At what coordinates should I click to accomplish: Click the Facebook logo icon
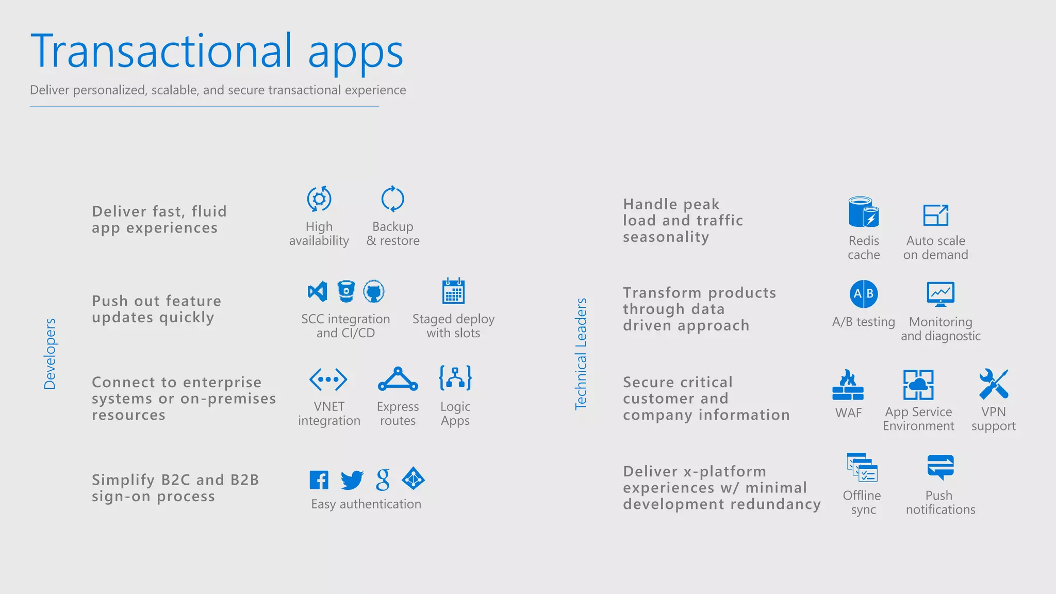click(x=319, y=480)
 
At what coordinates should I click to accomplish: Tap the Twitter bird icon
click(x=352, y=480)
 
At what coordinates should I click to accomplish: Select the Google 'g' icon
click(x=383, y=480)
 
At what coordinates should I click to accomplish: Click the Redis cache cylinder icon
click(x=863, y=212)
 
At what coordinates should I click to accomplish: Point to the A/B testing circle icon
click(x=864, y=294)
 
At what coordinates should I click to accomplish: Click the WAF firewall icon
click(x=848, y=385)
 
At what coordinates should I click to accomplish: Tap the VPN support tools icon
click(x=993, y=384)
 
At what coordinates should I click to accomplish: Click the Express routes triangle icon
click(x=398, y=379)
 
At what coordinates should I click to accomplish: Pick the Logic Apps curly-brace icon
click(x=455, y=378)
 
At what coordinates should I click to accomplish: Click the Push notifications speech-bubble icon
click(x=940, y=467)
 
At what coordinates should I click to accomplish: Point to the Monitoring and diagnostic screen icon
click(x=940, y=294)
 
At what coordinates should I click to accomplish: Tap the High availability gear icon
click(x=319, y=199)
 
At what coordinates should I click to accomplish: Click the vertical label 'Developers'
click(x=50, y=354)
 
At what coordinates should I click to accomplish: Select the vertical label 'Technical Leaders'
click(x=581, y=354)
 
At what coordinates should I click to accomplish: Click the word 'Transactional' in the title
click(x=161, y=51)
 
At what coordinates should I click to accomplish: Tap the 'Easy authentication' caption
click(x=366, y=504)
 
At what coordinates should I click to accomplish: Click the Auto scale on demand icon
click(x=935, y=215)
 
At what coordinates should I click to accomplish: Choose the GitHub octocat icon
click(x=374, y=291)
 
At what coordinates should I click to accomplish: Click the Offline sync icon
click(x=862, y=467)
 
